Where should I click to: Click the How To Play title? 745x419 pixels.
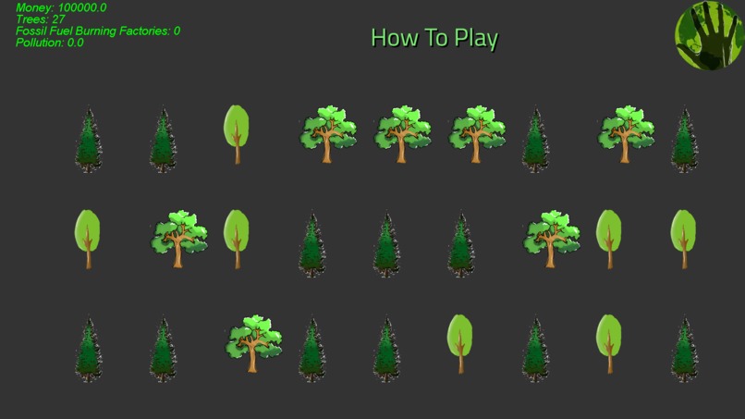(x=434, y=38)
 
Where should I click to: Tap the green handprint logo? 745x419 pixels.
(x=709, y=34)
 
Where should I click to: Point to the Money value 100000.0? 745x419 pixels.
(x=82, y=7)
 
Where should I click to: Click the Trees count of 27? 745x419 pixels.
(x=58, y=19)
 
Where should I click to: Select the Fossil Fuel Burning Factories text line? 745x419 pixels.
(x=97, y=31)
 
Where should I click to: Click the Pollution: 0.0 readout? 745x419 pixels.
(x=49, y=43)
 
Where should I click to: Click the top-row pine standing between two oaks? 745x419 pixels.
(x=535, y=141)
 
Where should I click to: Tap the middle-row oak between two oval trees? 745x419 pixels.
(x=178, y=238)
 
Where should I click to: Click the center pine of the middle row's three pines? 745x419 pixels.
(x=386, y=245)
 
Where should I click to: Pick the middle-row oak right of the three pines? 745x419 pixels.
(x=552, y=238)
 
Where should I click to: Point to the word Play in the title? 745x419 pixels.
(x=474, y=39)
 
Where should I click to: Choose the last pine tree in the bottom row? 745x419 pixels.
(x=684, y=351)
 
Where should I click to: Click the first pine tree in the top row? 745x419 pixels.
(x=89, y=141)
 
